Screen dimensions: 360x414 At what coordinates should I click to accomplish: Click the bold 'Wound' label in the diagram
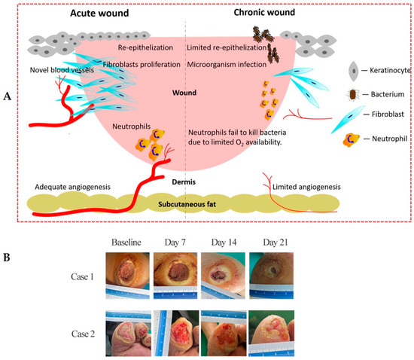pyautogui.click(x=184, y=93)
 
